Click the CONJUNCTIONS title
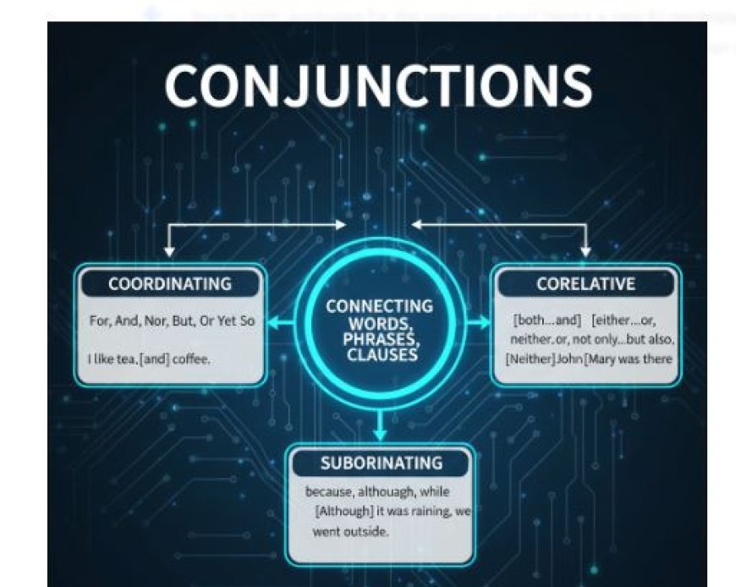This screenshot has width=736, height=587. click(x=377, y=85)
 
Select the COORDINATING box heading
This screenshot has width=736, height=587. click(x=170, y=284)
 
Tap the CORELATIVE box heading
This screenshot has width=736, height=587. click(x=585, y=284)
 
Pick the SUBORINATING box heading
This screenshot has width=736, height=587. click(x=381, y=463)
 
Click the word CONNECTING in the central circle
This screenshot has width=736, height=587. click(x=379, y=306)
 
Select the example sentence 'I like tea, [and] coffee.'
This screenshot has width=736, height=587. click(x=149, y=359)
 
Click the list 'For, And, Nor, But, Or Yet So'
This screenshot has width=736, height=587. click(x=172, y=321)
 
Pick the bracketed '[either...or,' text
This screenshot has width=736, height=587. click(x=624, y=321)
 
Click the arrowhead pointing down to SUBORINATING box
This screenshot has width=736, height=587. click(x=380, y=434)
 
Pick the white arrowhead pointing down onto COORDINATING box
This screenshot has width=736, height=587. click(x=169, y=251)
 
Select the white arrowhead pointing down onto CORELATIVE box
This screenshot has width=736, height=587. click(x=585, y=251)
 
